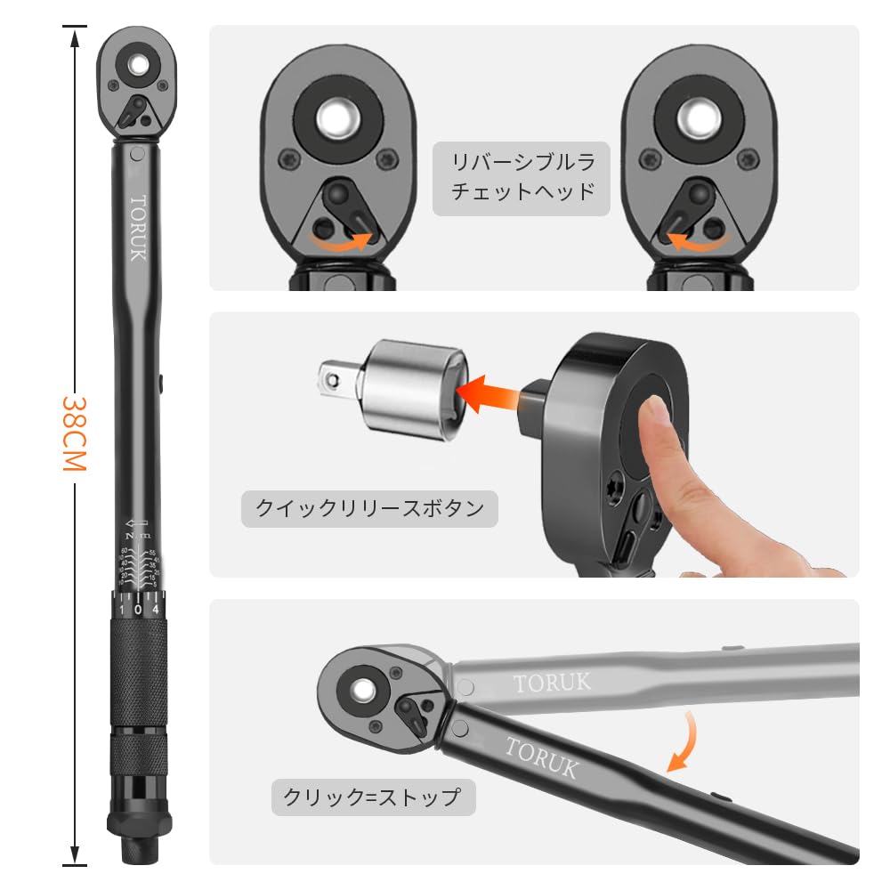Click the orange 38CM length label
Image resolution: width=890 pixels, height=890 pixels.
coord(74,435)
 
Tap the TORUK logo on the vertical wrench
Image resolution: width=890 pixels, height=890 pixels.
coord(138,228)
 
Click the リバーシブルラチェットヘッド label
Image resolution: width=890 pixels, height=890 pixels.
coord(522,177)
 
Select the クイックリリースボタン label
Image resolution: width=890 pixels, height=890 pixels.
coord(369,509)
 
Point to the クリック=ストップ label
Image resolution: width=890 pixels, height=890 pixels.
coord(372,797)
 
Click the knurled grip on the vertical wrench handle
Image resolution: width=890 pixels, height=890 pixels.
coord(138,667)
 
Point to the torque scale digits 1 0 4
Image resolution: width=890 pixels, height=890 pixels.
coord(138,610)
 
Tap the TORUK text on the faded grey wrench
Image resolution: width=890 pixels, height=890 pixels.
coord(552,683)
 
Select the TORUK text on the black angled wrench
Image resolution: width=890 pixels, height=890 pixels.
coord(542,756)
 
